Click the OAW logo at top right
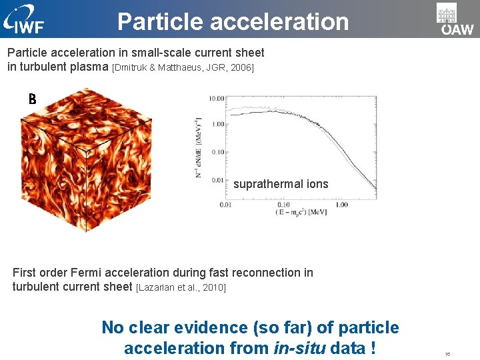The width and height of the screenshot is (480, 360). [456, 19]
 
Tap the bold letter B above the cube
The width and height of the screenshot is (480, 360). [31, 100]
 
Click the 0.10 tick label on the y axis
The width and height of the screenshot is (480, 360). [217, 152]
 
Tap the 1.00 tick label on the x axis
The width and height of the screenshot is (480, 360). [341, 205]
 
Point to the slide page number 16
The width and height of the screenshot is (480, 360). [447, 354]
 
